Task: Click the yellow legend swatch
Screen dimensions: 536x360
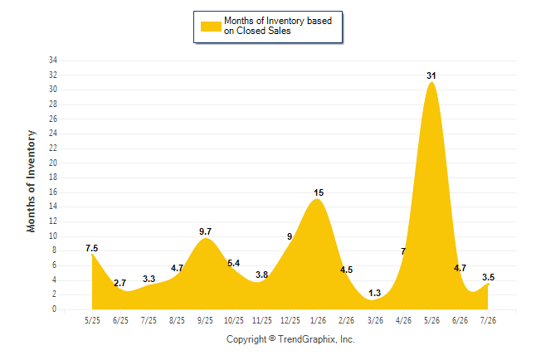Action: (211, 27)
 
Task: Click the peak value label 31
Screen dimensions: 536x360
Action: (431, 75)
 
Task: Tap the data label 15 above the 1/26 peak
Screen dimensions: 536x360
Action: (319, 192)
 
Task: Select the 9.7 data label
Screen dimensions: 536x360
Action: (206, 231)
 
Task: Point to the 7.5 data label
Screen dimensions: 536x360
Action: (91, 248)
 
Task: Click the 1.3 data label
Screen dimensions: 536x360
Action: (375, 293)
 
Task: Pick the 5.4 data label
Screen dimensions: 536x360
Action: (234, 263)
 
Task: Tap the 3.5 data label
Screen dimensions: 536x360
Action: (489, 277)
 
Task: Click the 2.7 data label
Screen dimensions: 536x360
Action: (120, 283)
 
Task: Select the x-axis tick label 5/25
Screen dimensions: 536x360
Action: (92, 320)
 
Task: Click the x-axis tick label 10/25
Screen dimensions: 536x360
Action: (234, 320)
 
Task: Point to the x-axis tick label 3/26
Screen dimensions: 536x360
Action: (375, 320)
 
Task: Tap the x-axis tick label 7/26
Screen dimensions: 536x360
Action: (488, 320)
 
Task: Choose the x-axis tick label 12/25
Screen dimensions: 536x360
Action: (290, 320)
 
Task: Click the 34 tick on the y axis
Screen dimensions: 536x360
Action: (53, 61)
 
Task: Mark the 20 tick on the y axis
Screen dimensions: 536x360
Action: (53, 163)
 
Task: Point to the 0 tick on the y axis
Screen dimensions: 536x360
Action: (54, 309)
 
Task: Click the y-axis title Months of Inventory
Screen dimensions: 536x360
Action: (31, 181)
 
